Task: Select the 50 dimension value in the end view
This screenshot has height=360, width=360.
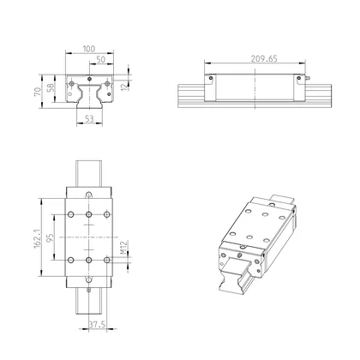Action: (x=101, y=60)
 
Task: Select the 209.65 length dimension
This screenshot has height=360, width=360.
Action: (x=255, y=61)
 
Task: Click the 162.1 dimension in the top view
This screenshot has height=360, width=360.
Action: (x=38, y=237)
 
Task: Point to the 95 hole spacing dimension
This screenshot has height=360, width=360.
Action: (x=51, y=237)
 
